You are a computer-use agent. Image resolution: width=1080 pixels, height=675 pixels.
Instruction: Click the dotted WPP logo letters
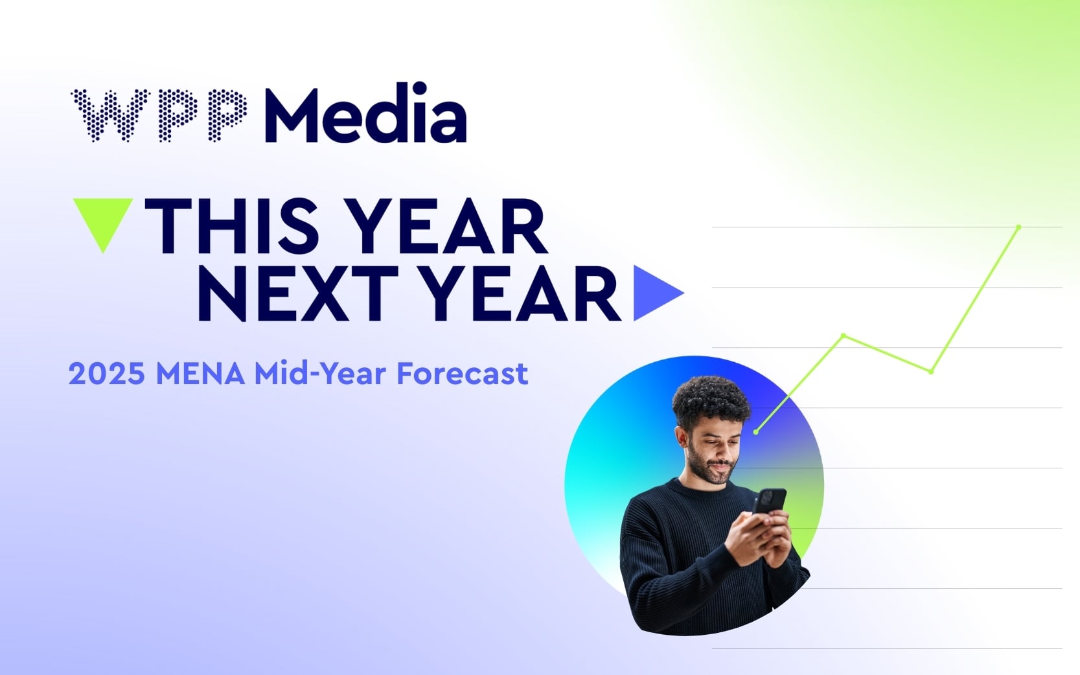coord(159,115)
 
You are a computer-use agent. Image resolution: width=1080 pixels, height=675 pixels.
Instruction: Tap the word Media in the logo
coord(365,115)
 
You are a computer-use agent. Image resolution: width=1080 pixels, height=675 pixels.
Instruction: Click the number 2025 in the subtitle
coord(106,374)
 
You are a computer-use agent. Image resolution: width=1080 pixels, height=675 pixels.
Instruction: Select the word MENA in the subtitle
coord(200,374)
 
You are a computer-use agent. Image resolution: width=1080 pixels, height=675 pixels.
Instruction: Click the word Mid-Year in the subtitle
coord(320,374)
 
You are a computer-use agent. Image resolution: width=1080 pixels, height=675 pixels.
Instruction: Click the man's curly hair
coord(711,397)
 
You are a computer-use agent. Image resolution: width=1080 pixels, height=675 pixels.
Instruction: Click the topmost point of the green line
coord(1018,227)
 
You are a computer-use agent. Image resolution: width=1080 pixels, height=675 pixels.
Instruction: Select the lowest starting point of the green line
coord(756,431)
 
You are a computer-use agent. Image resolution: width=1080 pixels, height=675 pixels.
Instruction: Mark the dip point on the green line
coord(931,371)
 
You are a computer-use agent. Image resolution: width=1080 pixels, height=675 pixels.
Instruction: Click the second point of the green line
coord(843,336)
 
